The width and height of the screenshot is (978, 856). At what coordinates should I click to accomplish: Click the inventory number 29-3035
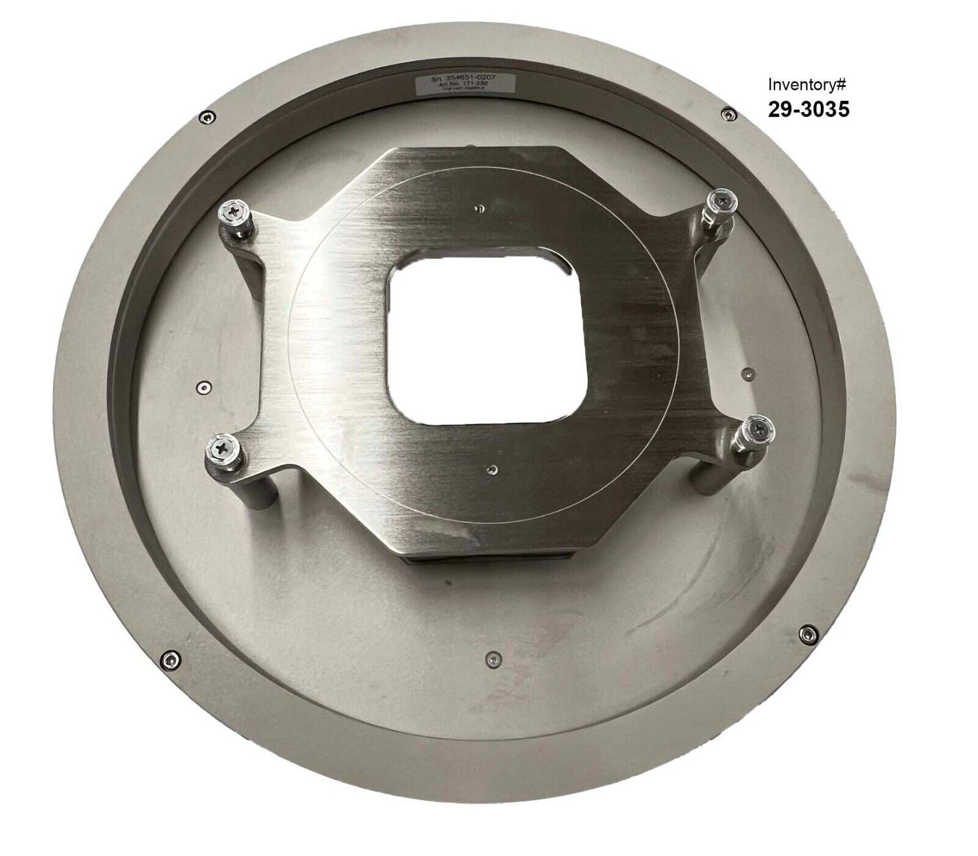(808, 109)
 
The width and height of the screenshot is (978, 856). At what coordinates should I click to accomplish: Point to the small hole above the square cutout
(482, 210)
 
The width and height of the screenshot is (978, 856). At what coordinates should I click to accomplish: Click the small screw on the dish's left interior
(204, 386)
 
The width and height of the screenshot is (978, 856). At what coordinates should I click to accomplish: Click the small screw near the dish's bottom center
(492, 659)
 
